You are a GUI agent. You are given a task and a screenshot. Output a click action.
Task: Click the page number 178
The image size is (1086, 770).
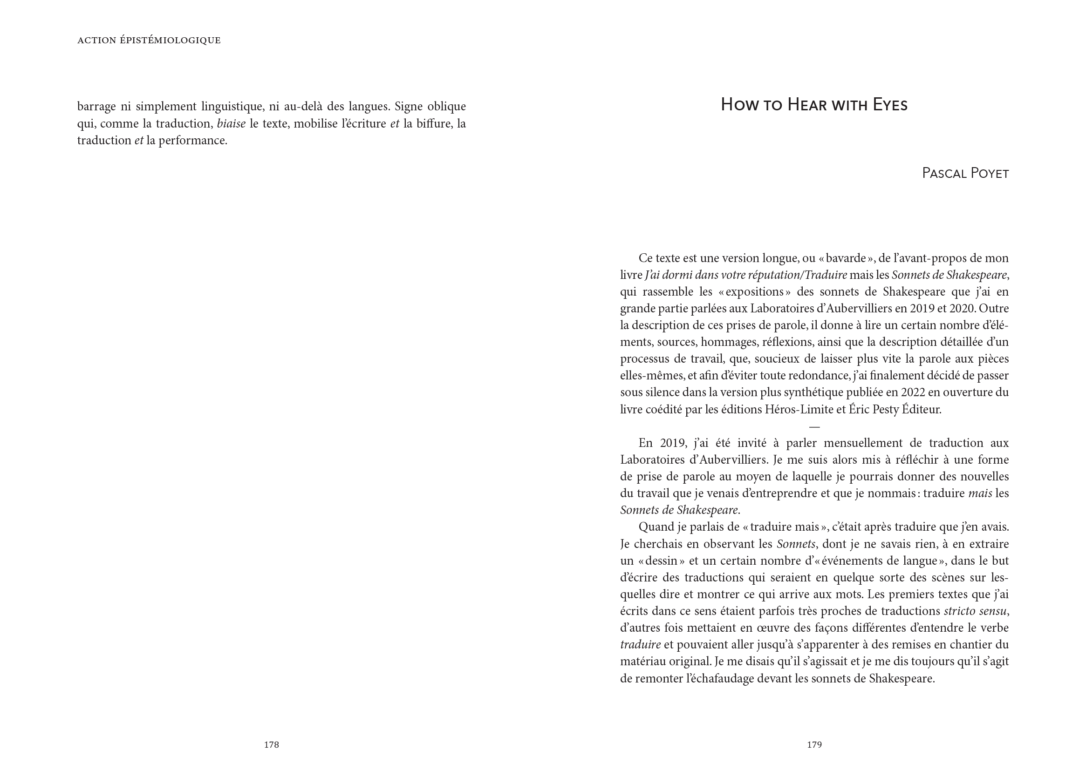click(271, 745)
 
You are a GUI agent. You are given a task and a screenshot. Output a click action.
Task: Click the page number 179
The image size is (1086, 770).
click(814, 745)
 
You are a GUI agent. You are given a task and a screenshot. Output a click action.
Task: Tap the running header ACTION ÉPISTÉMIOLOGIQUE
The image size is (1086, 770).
click(149, 41)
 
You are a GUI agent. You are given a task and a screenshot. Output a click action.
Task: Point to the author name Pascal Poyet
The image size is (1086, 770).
click(965, 174)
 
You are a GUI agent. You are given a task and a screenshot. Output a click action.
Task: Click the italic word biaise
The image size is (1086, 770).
click(231, 124)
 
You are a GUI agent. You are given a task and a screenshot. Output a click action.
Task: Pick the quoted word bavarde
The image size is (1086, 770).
click(846, 258)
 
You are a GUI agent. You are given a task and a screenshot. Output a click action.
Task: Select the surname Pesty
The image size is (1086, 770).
click(884, 409)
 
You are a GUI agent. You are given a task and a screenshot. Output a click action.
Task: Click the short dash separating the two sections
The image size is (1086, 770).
click(814, 427)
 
